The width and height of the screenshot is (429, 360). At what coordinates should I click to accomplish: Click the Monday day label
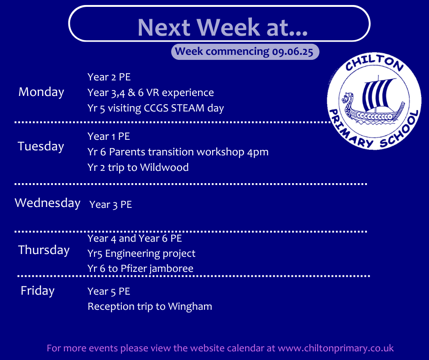click(x=42, y=92)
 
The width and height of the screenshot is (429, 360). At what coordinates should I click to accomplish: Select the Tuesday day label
click(x=41, y=146)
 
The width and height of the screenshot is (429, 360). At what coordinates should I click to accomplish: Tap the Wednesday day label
click(x=47, y=203)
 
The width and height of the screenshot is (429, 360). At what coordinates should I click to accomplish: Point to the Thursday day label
click(x=44, y=250)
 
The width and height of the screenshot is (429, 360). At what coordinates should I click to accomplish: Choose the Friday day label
click(x=37, y=291)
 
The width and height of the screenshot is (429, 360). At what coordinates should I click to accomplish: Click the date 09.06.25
click(x=293, y=52)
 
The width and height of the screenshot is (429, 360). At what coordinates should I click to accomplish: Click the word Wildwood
click(x=164, y=167)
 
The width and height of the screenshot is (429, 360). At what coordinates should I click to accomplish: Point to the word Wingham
click(x=190, y=306)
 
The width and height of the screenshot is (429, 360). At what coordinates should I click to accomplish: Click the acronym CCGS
click(x=156, y=108)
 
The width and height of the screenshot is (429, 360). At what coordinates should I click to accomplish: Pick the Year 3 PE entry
click(x=111, y=204)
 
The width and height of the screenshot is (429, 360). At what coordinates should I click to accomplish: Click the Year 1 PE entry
click(x=109, y=136)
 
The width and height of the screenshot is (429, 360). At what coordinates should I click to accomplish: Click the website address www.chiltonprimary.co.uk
click(x=336, y=348)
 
